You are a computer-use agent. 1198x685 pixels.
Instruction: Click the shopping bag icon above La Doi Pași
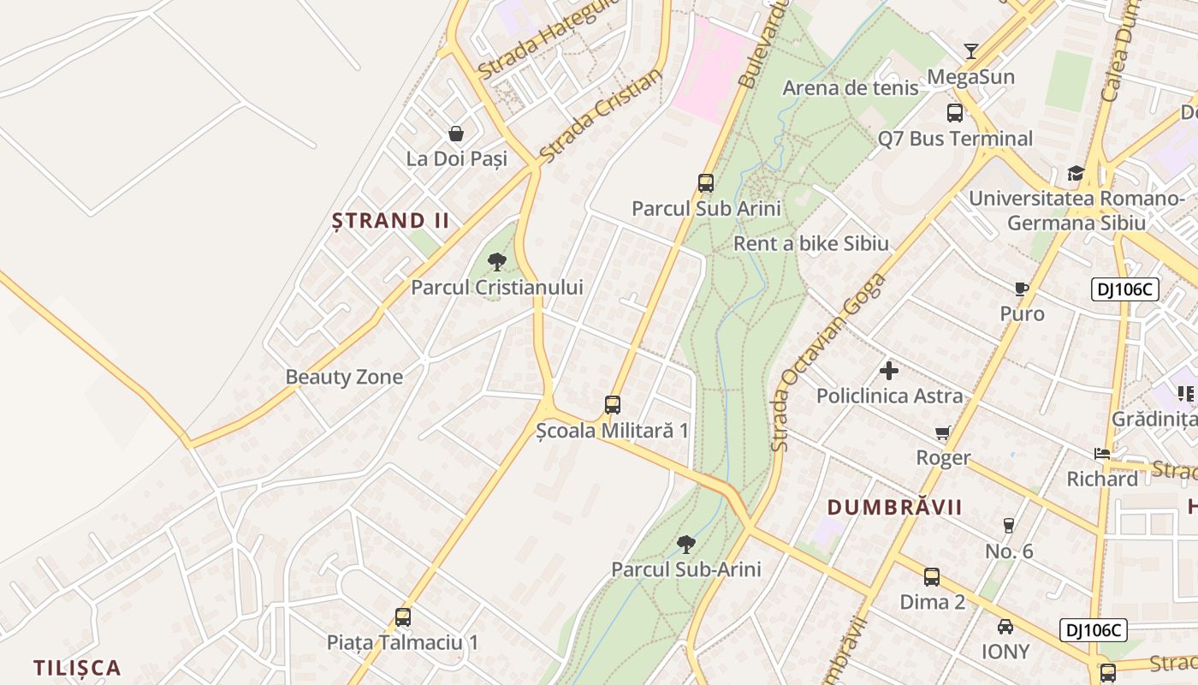[456, 134]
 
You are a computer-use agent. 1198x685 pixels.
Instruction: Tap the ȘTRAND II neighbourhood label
[390, 221]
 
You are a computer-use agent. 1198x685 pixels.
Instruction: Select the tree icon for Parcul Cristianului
[497, 262]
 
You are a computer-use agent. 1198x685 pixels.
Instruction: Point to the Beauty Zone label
[344, 377]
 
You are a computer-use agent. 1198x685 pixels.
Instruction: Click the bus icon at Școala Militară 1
[613, 405]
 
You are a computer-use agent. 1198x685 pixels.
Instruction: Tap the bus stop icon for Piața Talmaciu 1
[403, 616]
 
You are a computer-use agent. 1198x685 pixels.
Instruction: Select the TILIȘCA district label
[77, 668]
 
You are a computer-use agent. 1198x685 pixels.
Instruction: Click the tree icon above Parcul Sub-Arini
[685, 544]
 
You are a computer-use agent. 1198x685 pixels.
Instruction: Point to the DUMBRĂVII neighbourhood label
[895, 507]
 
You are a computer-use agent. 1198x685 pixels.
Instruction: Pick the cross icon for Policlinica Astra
[889, 371]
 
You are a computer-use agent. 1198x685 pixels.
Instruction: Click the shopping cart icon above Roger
[943, 433]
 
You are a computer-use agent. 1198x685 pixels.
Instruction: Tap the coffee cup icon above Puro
[1021, 289]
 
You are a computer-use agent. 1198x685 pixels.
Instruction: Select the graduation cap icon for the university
[1076, 174]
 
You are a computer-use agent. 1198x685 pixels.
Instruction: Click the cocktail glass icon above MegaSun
[970, 51]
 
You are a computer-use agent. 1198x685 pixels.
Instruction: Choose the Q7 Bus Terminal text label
[955, 138]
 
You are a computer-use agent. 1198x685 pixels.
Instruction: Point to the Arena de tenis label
[850, 87]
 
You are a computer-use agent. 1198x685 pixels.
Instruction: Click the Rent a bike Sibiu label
[811, 243]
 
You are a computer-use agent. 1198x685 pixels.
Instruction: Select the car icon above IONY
[1005, 627]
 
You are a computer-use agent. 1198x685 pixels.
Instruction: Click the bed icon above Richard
[1102, 454]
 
